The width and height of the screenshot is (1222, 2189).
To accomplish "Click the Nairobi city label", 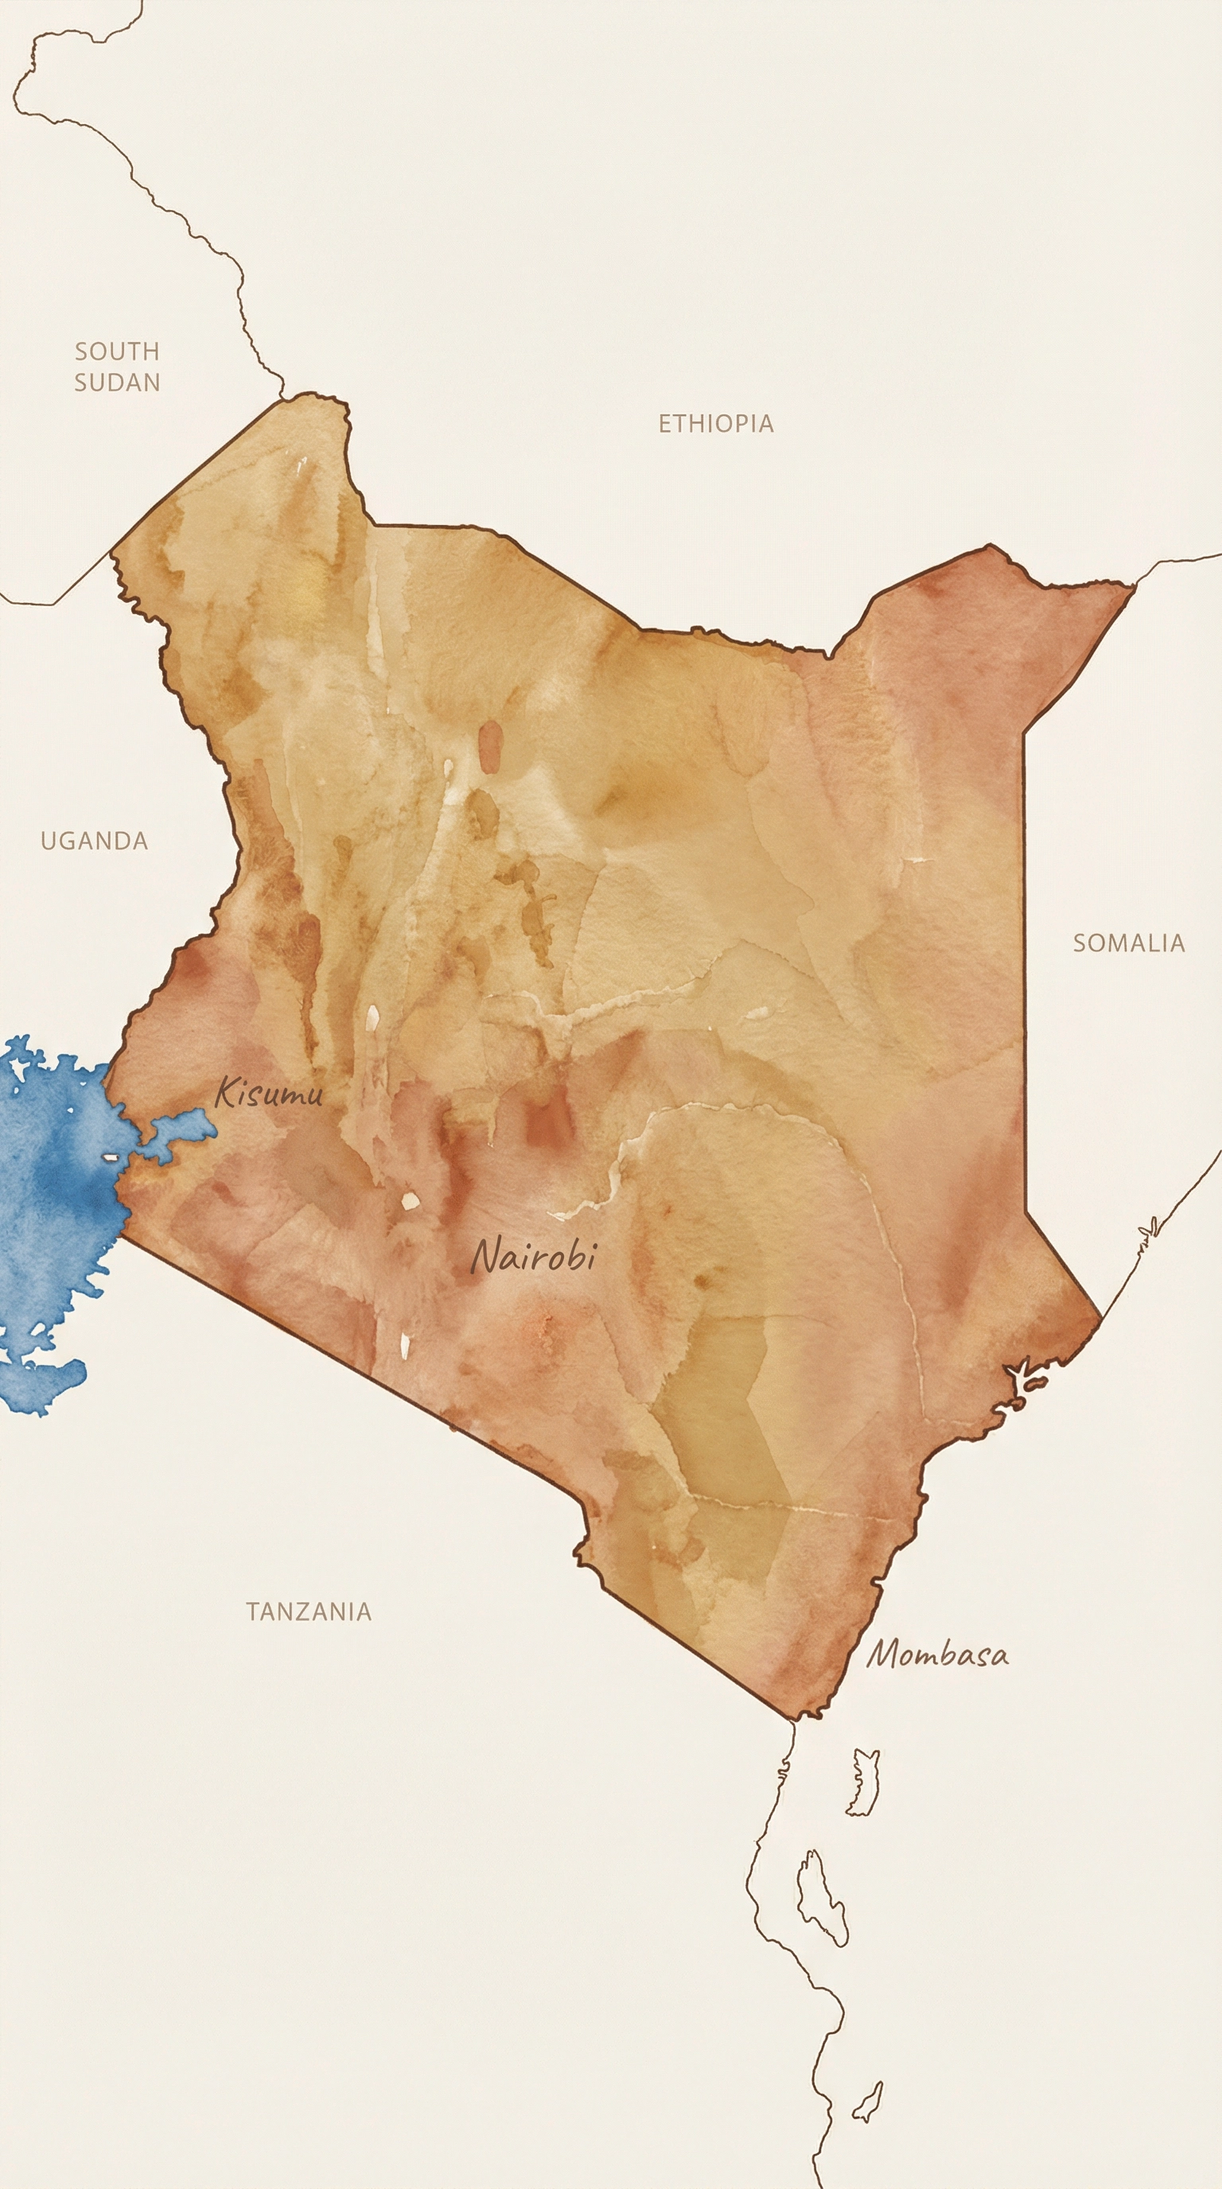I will coord(534,1256).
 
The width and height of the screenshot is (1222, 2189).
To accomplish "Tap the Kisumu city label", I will coord(269,1093).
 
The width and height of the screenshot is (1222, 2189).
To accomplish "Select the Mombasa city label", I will coord(937,1654).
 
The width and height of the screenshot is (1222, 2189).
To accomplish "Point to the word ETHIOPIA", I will coord(715,423).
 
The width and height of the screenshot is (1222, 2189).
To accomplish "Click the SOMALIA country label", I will coord(1127,943).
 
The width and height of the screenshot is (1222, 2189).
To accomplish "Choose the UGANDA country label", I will coord(95,842).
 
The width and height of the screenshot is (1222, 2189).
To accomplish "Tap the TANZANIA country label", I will coord(309,1612).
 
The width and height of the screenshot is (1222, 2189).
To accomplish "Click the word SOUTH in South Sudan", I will coord(117,351).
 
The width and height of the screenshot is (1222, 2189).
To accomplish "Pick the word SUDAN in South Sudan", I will coord(117,383).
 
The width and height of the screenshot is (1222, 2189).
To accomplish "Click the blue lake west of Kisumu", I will coord(51,1190).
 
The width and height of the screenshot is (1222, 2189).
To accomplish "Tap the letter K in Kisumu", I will coord(224,1091).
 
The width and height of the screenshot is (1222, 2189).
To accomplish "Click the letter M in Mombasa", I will coord(884,1654).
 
